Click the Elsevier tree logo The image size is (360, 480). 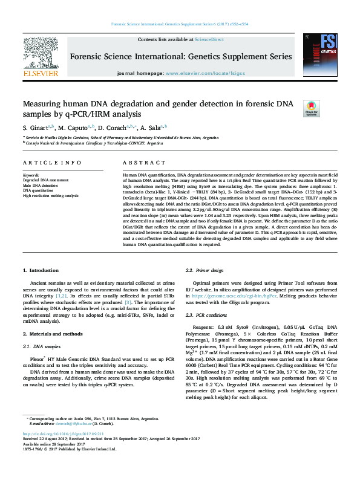(x=41, y=57)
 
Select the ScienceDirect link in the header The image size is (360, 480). (x=209, y=39)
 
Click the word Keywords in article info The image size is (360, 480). (x=31, y=175)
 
